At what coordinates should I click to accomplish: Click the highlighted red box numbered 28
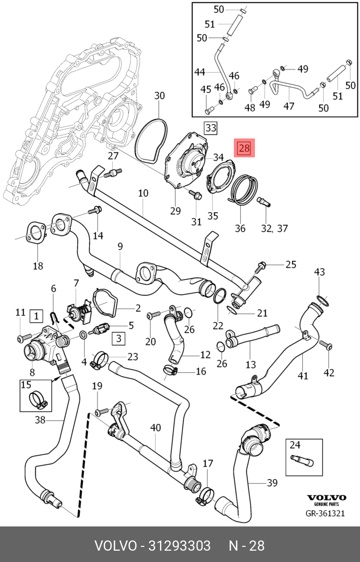244,148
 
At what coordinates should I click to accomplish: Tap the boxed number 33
211,127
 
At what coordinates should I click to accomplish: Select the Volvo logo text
326,498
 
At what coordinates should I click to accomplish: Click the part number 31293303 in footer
179,546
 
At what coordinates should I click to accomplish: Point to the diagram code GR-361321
325,514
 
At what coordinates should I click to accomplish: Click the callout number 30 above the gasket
160,96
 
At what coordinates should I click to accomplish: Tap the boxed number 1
36,316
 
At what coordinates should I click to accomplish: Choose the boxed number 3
119,338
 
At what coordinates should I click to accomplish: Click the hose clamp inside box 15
38,400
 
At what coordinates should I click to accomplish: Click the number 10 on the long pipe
143,193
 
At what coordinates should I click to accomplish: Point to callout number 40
156,428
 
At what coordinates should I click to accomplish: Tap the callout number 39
272,483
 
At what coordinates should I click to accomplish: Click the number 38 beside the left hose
40,419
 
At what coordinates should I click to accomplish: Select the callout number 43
320,272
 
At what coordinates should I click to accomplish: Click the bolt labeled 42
326,345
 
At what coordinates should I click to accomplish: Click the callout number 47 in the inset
289,106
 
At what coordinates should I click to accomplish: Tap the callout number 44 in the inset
199,72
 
